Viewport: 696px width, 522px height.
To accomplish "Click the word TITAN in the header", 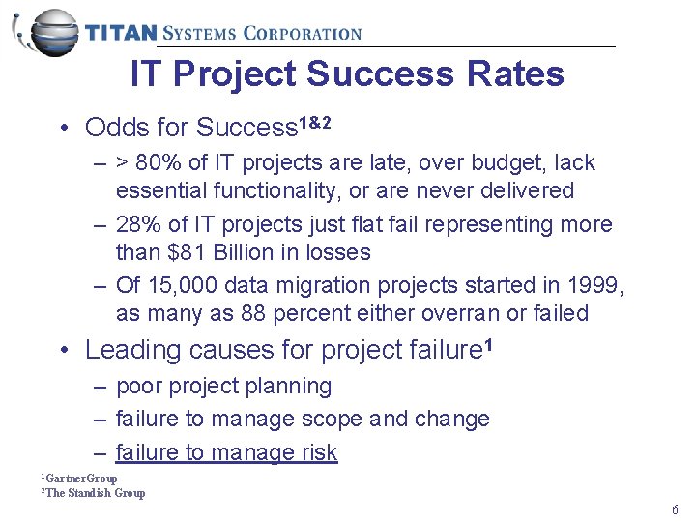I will (x=121, y=33).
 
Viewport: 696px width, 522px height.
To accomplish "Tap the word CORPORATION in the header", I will (x=302, y=33).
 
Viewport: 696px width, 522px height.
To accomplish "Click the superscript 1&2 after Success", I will (x=315, y=123).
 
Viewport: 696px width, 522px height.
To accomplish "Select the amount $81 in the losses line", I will (x=185, y=252).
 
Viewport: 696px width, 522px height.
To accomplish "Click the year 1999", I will (x=595, y=285).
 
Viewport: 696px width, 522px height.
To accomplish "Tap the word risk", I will (x=318, y=451).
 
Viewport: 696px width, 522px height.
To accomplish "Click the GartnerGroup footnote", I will (x=81, y=478).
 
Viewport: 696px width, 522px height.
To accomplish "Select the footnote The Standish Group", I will (x=95, y=493).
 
